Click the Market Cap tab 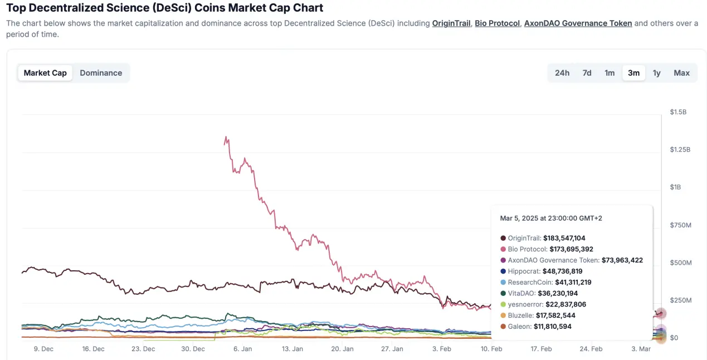45,73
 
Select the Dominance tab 101,73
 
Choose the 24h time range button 562,73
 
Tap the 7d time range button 587,73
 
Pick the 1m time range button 610,73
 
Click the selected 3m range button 633,73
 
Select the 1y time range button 657,73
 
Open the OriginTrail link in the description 451,23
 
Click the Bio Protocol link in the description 497,23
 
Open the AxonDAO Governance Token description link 578,23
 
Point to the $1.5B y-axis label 678,112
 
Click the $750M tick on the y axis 680,225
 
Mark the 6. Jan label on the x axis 242,349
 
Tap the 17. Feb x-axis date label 541,349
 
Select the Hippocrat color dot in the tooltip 504,271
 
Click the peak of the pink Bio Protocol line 226,137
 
